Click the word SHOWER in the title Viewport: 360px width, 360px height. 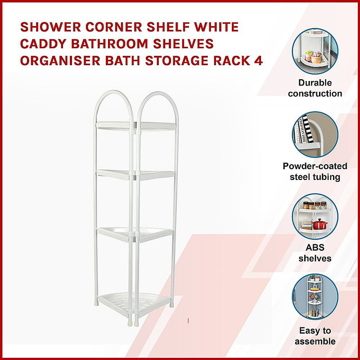click(x=50, y=27)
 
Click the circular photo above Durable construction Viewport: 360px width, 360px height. click(x=315, y=51)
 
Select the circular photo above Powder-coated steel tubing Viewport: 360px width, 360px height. click(x=315, y=134)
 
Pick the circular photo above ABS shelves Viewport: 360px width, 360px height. click(x=315, y=216)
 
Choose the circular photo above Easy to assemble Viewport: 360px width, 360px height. click(x=315, y=297)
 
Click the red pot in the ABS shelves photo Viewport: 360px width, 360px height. click(x=320, y=224)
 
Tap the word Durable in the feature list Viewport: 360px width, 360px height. click(x=315, y=83)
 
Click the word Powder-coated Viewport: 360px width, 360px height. click(x=315, y=166)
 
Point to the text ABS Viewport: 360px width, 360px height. click(x=315, y=248)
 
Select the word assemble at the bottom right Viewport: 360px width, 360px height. click(x=315, y=342)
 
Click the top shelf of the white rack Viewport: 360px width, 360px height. click(x=136, y=126)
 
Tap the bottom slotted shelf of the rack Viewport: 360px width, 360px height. click(x=135, y=302)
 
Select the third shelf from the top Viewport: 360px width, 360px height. click(x=135, y=234)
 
